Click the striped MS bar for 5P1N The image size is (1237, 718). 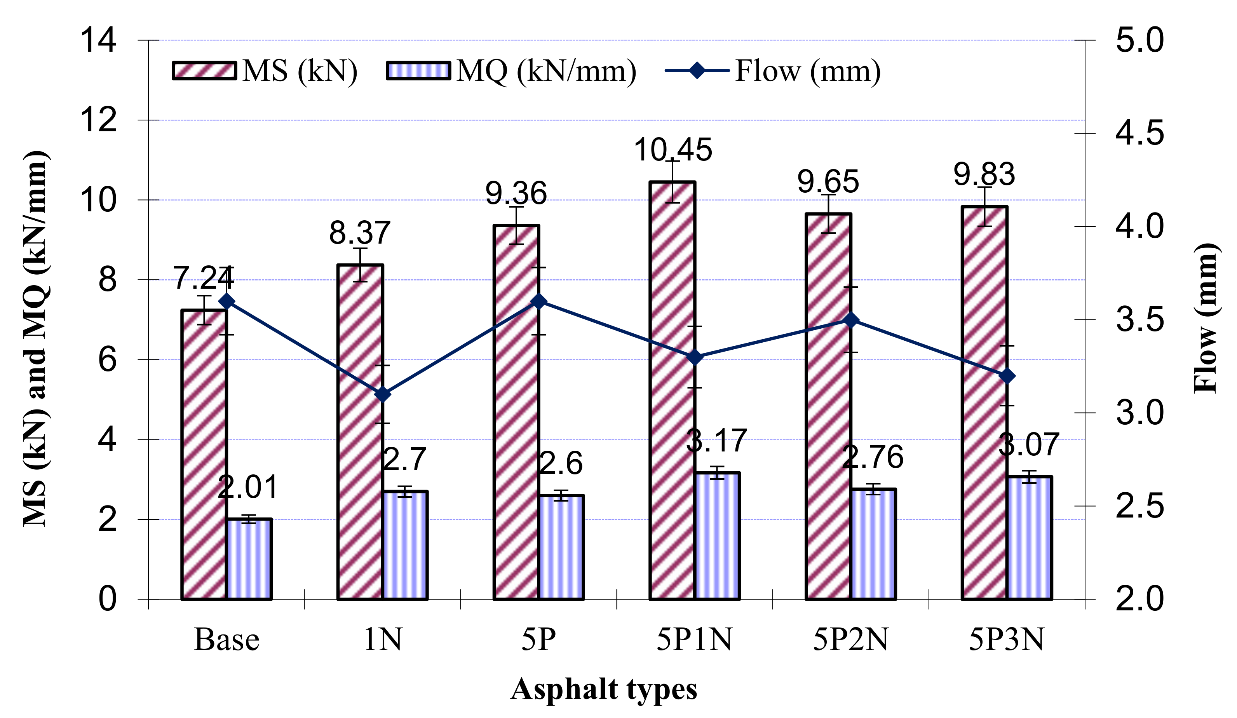coord(672,393)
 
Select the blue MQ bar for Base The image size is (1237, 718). coord(249,559)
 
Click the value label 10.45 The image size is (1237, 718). coord(673,149)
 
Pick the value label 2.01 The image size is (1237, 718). coord(247,487)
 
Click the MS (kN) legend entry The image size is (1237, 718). coord(265,71)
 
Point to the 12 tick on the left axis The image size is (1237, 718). coord(98,120)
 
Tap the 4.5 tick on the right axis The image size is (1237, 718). coord(1139,133)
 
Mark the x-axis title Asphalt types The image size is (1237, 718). coord(604,689)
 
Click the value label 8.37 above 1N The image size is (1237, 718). coord(360,233)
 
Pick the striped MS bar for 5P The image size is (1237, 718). coord(516,412)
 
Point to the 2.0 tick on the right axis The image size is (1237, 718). coord(1139,599)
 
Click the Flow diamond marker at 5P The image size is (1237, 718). coord(538,301)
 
